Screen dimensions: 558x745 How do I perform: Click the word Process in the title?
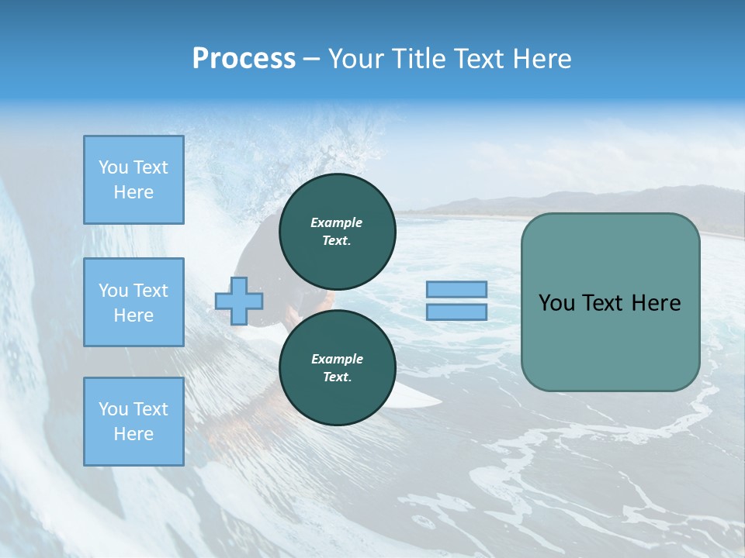[x=244, y=59]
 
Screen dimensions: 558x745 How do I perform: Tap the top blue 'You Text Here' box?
[x=133, y=180]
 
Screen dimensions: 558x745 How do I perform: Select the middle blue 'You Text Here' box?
[x=133, y=302]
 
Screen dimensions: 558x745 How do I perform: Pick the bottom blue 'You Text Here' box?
[x=133, y=422]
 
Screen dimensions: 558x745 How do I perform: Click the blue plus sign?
[x=239, y=301]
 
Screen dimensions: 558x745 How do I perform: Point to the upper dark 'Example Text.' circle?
[x=337, y=231]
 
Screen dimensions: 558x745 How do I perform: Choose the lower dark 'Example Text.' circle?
[x=337, y=367]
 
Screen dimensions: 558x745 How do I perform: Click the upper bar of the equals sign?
[x=456, y=289]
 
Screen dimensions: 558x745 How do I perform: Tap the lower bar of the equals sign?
[x=456, y=312]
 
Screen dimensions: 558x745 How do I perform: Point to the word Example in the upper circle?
[x=337, y=222]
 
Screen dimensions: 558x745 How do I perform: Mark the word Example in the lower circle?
[x=337, y=359]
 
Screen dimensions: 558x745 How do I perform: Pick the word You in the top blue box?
[x=113, y=167]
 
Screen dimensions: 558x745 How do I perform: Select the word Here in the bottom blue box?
[x=133, y=434]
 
